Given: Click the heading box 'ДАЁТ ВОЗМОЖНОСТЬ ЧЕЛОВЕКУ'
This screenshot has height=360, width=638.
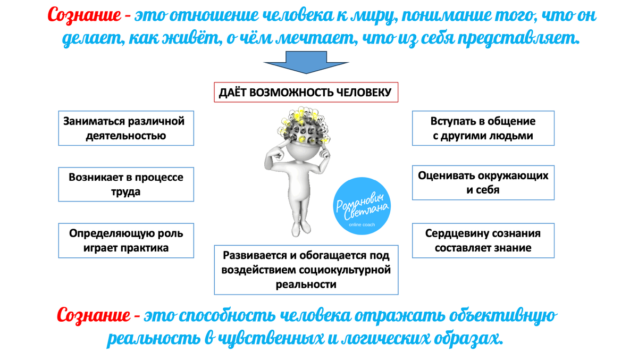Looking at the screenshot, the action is click(306, 93).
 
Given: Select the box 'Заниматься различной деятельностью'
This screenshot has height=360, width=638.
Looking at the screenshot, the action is click(126, 128).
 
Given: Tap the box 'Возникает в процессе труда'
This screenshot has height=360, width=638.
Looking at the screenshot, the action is click(126, 184).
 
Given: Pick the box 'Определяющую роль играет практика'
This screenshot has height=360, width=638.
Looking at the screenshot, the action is click(126, 240).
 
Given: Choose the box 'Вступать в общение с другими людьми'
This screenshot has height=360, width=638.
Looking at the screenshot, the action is click(483, 128).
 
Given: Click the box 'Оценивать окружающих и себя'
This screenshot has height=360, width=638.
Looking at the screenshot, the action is click(483, 182).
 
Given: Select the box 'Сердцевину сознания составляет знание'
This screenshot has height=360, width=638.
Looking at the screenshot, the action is click(483, 240).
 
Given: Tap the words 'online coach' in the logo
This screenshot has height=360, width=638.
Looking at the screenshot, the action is click(362, 225).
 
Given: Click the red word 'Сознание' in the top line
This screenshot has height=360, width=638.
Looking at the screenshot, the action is click(84, 15).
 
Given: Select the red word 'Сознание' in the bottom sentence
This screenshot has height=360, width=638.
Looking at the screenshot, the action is click(93, 315).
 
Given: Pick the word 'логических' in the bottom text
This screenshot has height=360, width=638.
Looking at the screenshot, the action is click(389, 339).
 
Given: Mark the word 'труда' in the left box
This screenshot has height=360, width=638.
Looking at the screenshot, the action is click(126, 192).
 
